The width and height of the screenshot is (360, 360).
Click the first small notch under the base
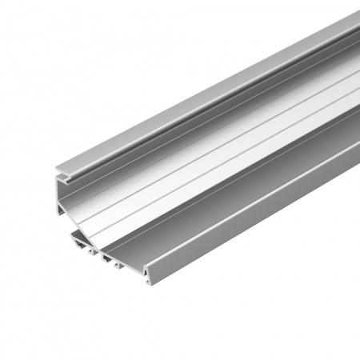pos(92,250)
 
